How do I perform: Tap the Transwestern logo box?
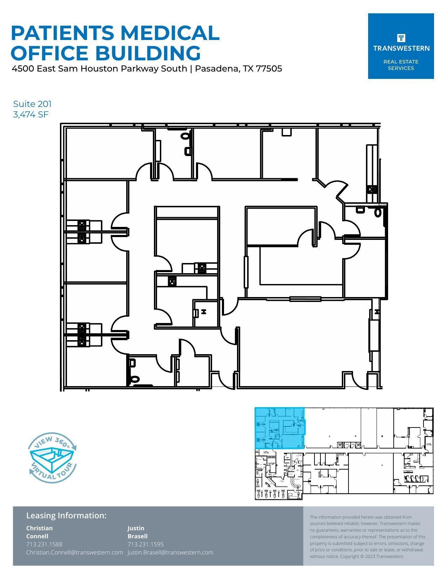pyautogui.click(x=401, y=46)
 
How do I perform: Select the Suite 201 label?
pyautogui.click(x=32, y=104)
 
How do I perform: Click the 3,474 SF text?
pyautogui.click(x=31, y=114)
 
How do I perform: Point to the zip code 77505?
pyautogui.click(x=269, y=68)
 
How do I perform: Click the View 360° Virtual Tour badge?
pyautogui.click(x=52, y=457)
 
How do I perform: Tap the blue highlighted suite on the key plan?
pyautogui.click(x=279, y=428)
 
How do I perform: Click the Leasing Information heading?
pyautogui.click(x=66, y=515)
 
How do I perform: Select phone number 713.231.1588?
pyautogui.click(x=44, y=544)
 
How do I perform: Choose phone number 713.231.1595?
pyautogui.click(x=145, y=544)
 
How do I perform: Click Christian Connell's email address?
pyautogui.click(x=74, y=552)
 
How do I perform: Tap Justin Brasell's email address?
pyautogui.click(x=170, y=552)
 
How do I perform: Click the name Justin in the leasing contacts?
pyautogui.click(x=136, y=528)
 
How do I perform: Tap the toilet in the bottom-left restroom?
pyautogui.click(x=135, y=379)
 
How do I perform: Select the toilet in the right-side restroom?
pyautogui.click(x=378, y=212)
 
